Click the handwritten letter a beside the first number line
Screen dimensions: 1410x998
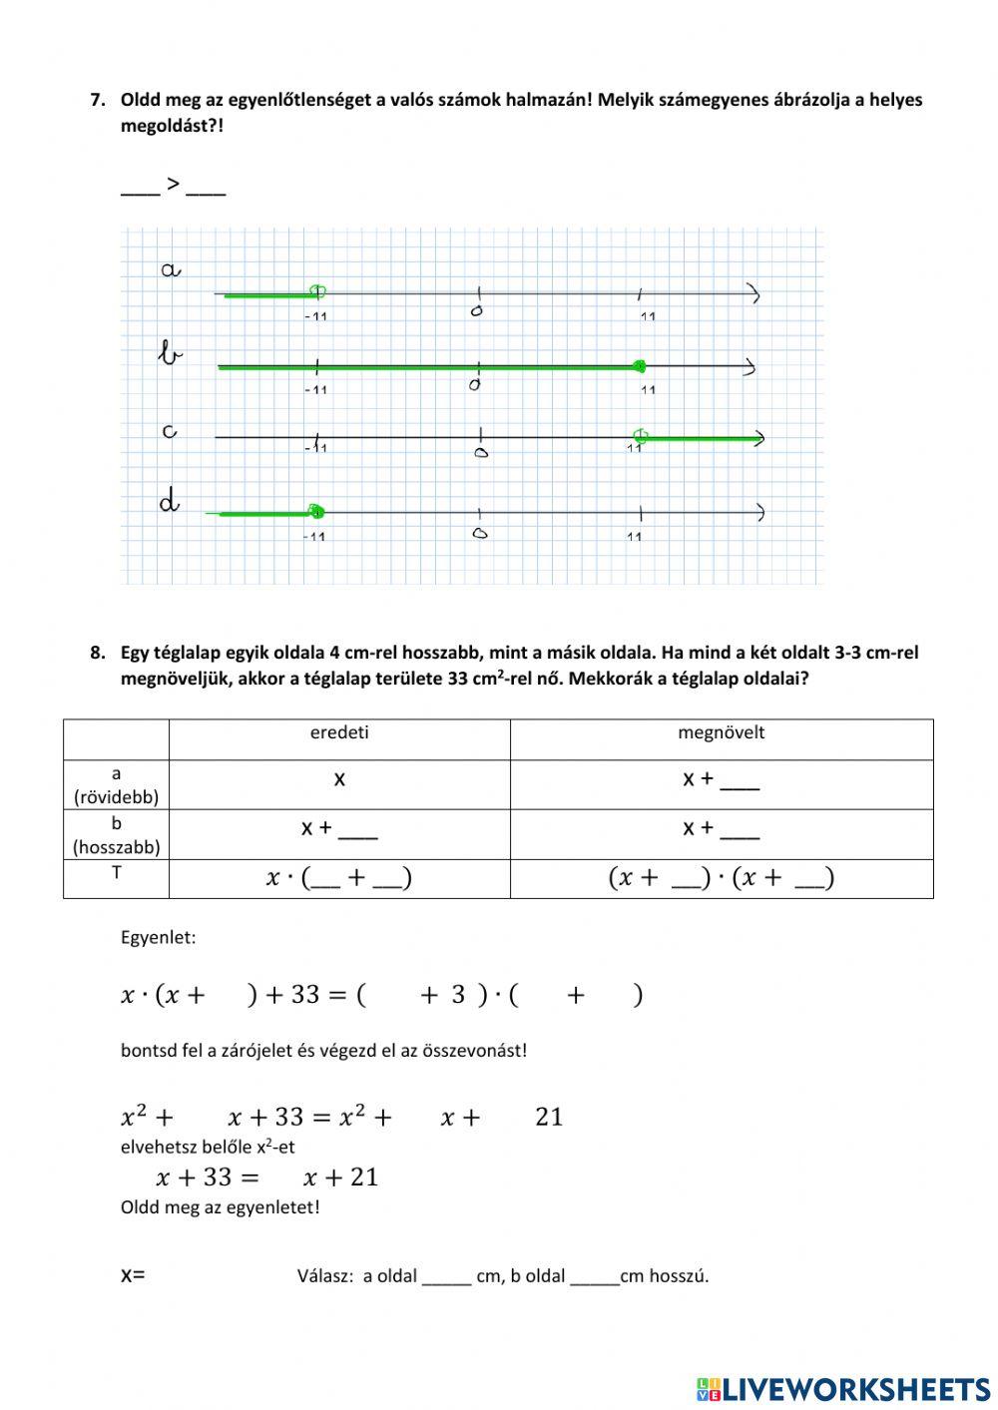(x=171, y=269)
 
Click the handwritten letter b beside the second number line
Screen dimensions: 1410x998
(x=171, y=352)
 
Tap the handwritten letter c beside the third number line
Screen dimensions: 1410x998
(x=170, y=431)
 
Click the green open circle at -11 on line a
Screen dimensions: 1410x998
(x=317, y=292)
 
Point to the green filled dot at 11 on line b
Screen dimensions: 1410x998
(x=640, y=366)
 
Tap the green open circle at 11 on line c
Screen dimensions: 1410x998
(x=641, y=436)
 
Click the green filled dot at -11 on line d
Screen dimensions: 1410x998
(x=316, y=512)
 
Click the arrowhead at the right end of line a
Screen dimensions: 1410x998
(x=755, y=294)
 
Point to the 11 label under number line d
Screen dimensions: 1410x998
(x=635, y=537)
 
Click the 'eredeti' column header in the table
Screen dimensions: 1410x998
(x=339, y=732)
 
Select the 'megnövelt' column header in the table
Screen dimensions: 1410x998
(x=721, y=732)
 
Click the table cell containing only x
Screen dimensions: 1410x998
(x=339, y=779)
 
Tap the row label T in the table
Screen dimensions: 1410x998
(x=116, y=873)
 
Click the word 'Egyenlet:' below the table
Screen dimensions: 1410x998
(x=159, y=938)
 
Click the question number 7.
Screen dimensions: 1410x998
(x=97, y=100)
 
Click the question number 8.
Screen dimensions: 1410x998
(x=97, y=653)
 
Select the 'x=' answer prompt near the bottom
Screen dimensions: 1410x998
(x=133, y=1274)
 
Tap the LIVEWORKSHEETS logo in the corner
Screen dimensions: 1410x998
(x=843, y=1388)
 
